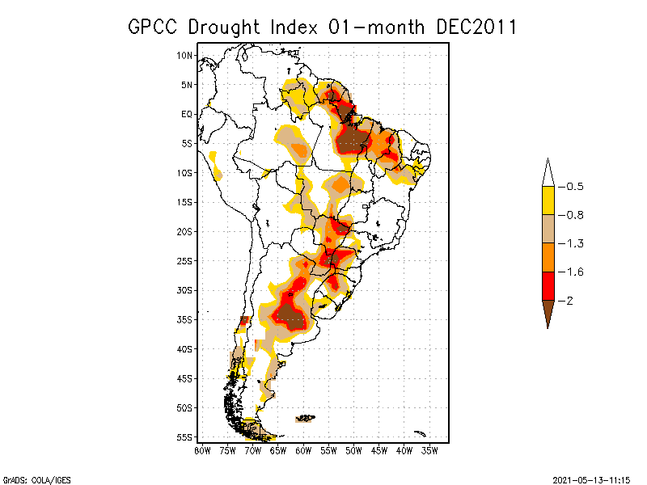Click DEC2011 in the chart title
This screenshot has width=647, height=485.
point(476,27)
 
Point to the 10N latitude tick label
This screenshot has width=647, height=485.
point(185,55)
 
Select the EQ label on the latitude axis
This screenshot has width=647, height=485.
point(187,114)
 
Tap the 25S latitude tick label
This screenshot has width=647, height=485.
point(185,260)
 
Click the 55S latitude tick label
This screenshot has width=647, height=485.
point(185,436)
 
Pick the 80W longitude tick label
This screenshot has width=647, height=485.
point(202,450)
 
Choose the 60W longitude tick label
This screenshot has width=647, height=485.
point(303,450)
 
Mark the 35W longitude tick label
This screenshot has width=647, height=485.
point(429,450)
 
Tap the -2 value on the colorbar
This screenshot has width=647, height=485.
point(569,300)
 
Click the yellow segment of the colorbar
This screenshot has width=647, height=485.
point(548,200)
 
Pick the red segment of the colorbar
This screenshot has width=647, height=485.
point(548,285)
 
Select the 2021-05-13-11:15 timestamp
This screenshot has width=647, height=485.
point(592,478)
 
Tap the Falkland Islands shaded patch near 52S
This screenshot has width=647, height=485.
point(305,418)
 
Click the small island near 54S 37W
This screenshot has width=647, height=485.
point(419,433)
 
